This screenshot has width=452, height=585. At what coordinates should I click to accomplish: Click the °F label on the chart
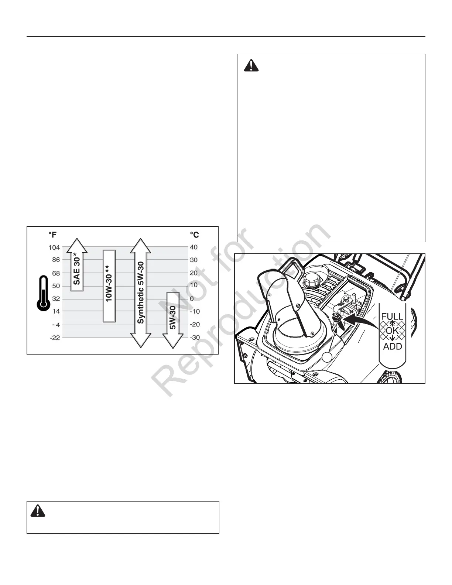(x=52, y=235)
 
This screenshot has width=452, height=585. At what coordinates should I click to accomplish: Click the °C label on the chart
(x=194, y=235)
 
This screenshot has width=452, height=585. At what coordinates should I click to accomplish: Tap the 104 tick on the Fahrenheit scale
(x=54, y=247)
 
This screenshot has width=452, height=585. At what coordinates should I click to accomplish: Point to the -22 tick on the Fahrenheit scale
(x=55, y=338)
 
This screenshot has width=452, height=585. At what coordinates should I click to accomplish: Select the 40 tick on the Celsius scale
(x=194, y=247)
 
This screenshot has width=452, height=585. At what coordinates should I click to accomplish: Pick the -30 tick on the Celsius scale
(x=194, y=338)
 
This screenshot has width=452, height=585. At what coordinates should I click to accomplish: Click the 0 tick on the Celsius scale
(x=192, y=298)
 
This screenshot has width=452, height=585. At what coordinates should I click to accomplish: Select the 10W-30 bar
(x=109, y=286)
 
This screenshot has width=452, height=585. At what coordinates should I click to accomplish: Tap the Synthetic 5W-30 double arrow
(x=141, y=293)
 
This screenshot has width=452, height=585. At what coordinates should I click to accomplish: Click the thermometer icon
(x=43, y=293)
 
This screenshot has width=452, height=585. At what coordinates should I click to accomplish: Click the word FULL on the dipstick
(x=392, y=317)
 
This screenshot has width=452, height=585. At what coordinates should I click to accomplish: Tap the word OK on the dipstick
(x=392, y=331)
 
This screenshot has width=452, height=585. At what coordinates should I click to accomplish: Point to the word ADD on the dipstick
(x=392, y=346)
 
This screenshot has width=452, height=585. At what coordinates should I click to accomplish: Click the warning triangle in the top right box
(x=251, y=66)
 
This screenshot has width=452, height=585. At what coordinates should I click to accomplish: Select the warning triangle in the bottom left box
(x=38, y=511)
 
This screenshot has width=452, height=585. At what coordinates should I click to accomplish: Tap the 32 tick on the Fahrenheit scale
(x=56, y=298)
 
